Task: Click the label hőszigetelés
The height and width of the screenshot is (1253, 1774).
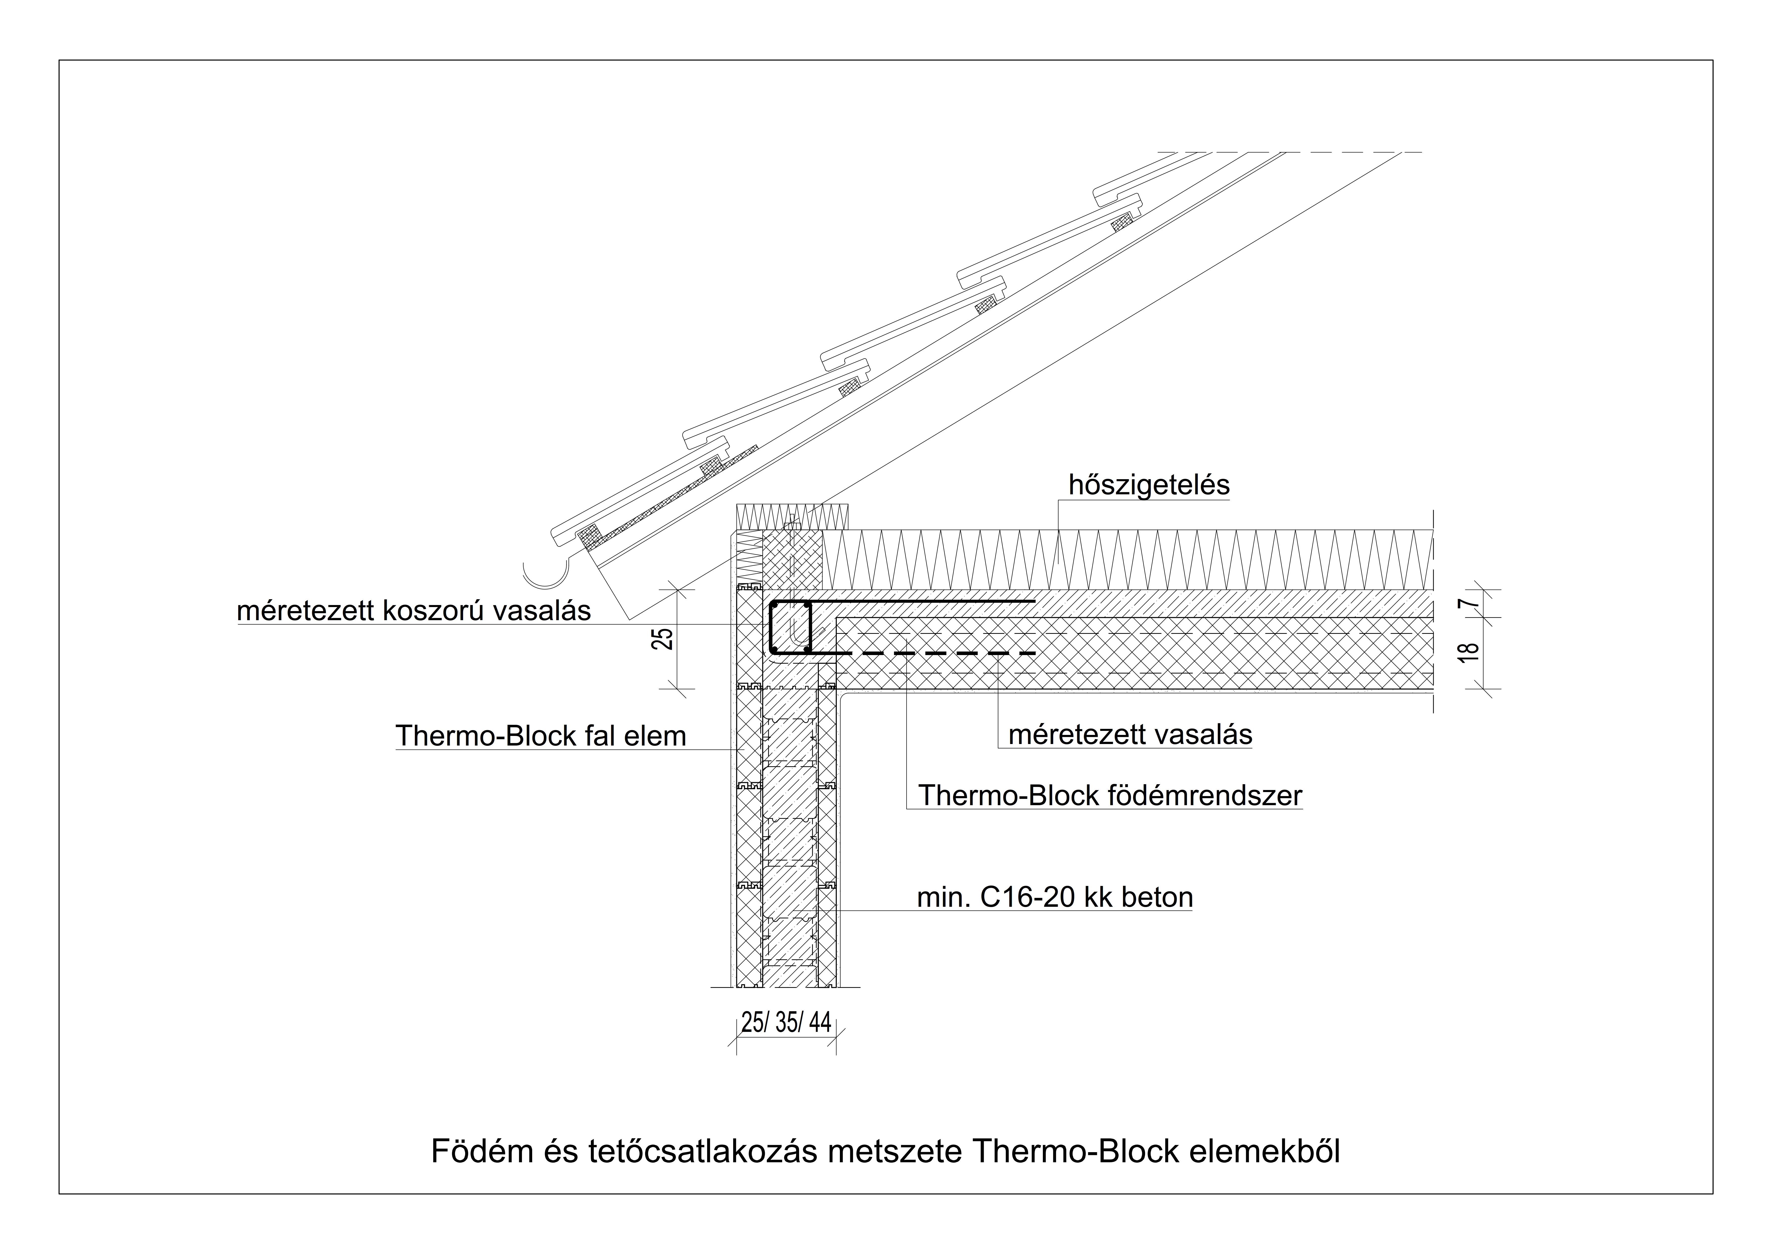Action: point(1149,485)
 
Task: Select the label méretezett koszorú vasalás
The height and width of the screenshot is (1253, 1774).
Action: point(414,611)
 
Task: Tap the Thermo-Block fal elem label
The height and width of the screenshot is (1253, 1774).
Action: point(541,736)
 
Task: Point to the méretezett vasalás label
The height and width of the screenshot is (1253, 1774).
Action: point(1130,735)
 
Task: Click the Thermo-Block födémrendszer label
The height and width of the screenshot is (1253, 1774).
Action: point(1110,796)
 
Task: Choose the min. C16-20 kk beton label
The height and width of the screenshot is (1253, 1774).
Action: point(1055,898)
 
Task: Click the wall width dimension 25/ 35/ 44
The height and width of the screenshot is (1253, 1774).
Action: point(786,1023)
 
